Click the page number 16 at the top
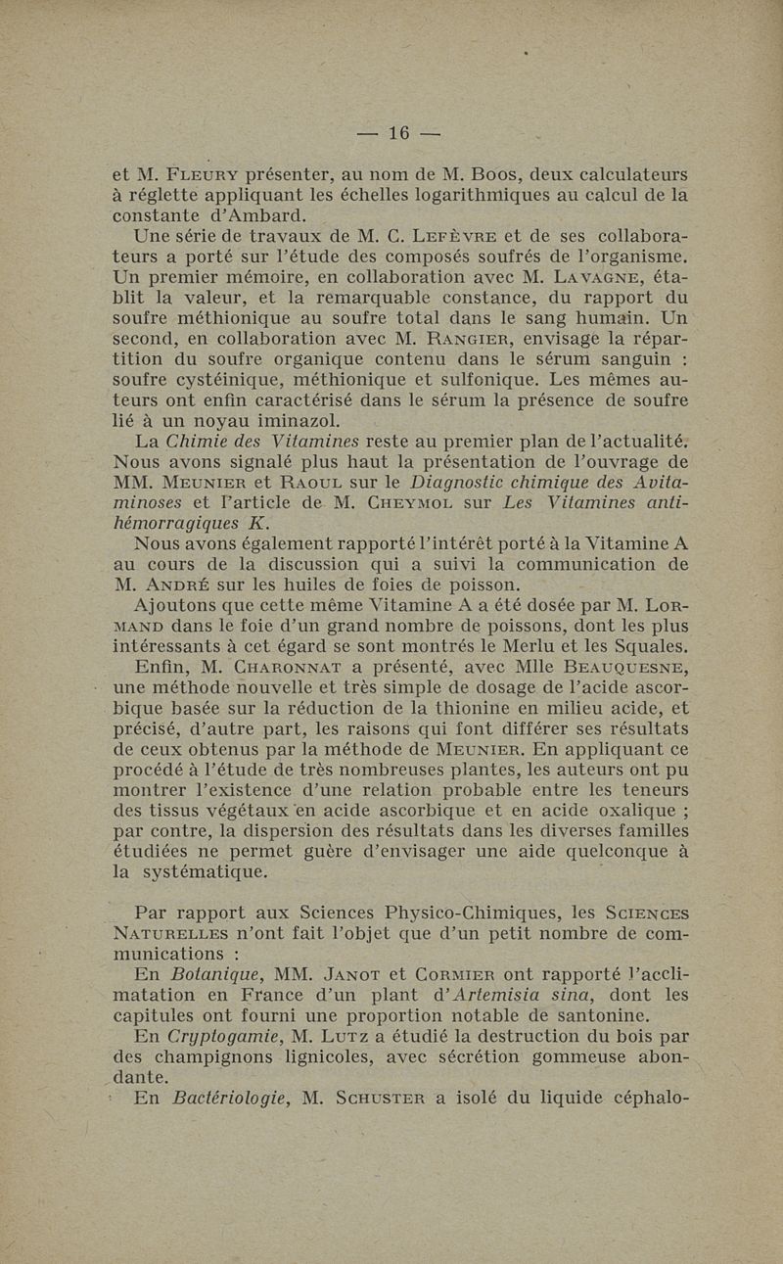click(x=398, y=134)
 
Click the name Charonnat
click(x=283, y=669)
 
